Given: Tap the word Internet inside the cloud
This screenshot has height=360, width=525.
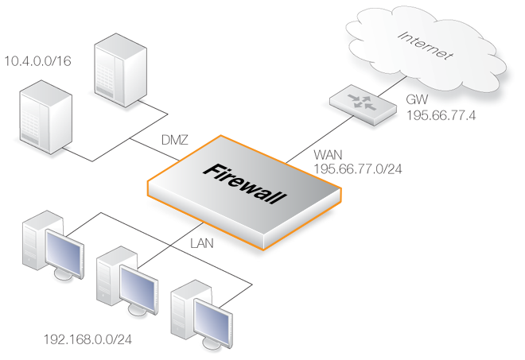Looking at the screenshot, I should click(x=425, y=45).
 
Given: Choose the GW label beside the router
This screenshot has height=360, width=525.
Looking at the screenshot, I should click(x=416, y=102).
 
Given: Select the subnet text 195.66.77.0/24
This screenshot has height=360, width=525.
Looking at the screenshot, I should click(x=356, y=168).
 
